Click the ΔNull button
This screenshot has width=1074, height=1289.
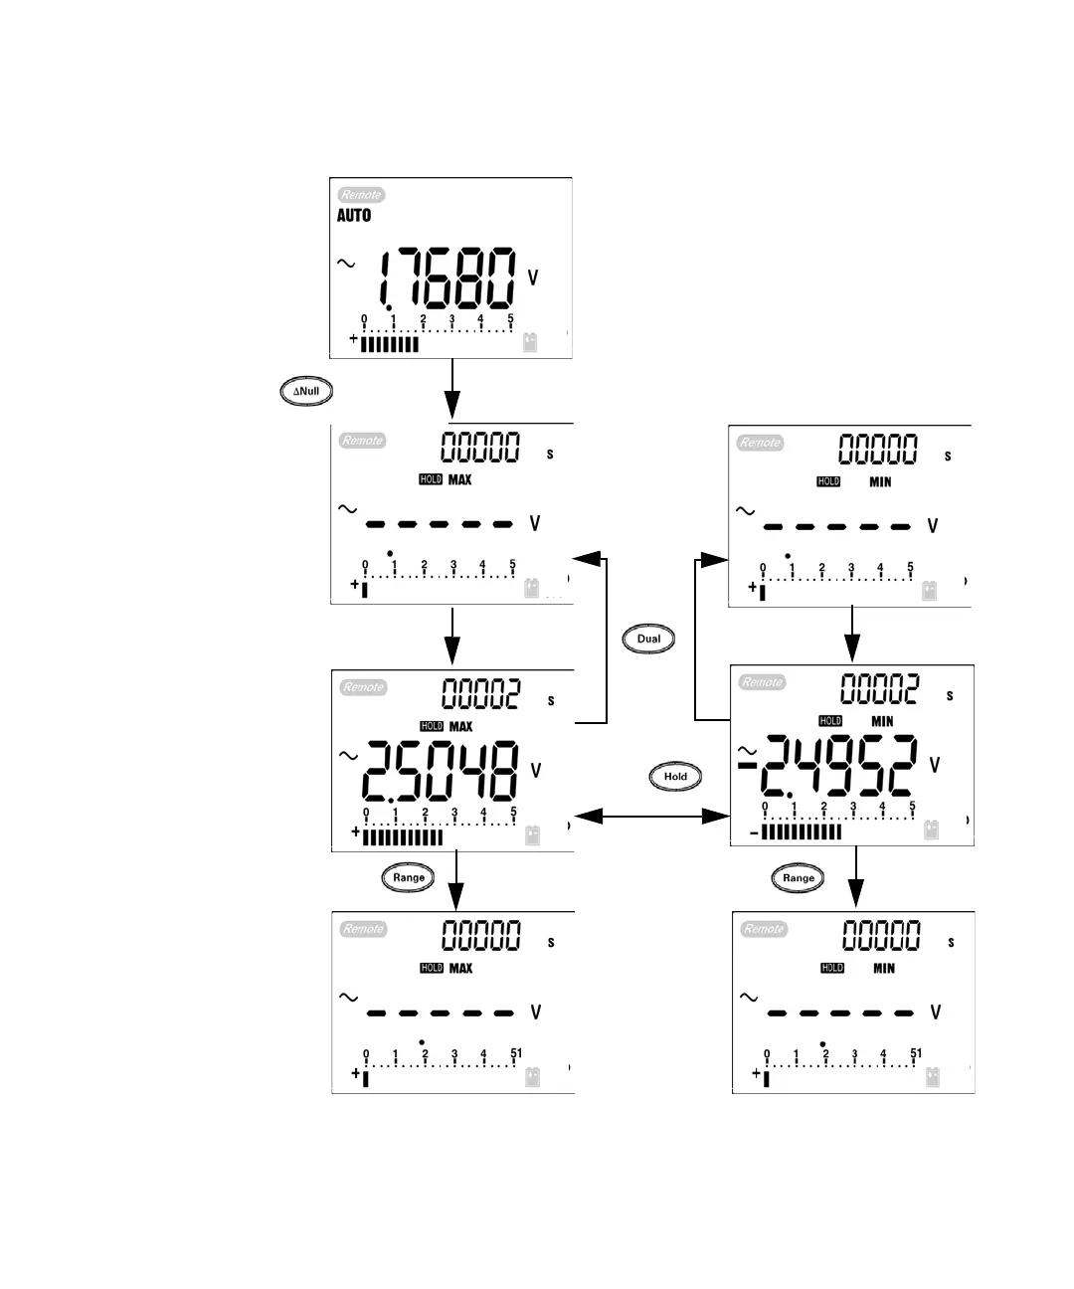305,392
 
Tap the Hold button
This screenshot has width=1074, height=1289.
675,777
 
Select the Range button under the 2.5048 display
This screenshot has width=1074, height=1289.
408,878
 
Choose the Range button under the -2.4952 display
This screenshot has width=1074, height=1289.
798,878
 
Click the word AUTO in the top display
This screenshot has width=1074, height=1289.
354,215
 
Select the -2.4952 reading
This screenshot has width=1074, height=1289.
830,767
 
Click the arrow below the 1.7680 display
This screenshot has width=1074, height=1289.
452,389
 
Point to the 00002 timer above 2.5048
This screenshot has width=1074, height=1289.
481,693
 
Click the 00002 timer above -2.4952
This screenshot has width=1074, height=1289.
880,688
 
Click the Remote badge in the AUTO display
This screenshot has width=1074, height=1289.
361,195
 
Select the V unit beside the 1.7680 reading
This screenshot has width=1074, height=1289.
533,278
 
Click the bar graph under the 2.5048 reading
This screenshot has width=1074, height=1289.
402,837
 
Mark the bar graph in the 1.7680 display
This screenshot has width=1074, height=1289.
389,344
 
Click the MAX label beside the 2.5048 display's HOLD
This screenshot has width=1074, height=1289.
460,727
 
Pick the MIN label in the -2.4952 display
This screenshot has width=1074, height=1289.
882,722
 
